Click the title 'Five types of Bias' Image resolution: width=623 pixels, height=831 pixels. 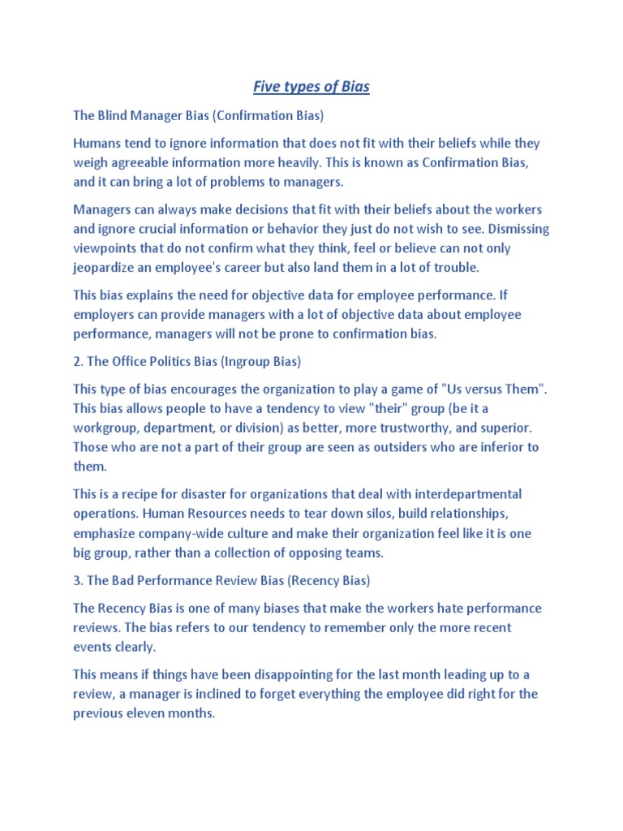tap(311, 86)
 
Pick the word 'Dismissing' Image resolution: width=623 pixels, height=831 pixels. tap(498, 229)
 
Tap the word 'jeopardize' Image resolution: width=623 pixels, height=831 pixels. tap(106, 267)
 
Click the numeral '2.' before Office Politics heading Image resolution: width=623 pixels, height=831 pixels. tap(79, 360)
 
